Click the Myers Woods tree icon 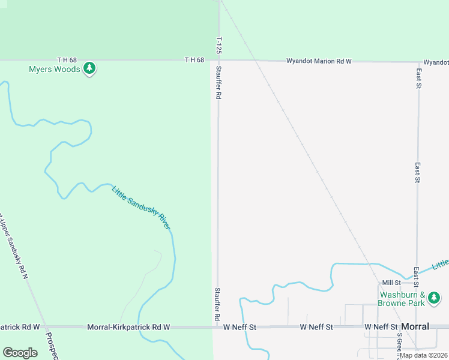[89, 68]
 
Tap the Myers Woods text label [54, 69]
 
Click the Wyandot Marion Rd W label [318, 61]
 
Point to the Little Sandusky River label [141, 208]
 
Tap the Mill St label [391, 283]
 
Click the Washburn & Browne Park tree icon [434, 298]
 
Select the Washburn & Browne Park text [402, 299]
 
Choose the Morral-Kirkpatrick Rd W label [128, 327]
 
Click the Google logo [20, 353]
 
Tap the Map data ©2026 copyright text [424, 355]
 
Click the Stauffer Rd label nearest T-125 [219, 83]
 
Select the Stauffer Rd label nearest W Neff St [217, 303]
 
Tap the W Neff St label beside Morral [381, 326]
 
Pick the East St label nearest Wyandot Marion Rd [418, 78]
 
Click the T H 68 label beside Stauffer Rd [194, 59]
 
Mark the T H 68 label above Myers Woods [67, 59]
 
